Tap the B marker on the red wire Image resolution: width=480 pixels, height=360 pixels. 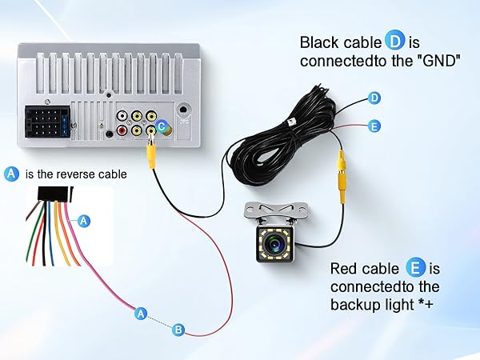(x=179, y=329)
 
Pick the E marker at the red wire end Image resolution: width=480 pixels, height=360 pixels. (x=374, y=126)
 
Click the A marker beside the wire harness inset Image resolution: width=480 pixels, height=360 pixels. (x=85, y=219)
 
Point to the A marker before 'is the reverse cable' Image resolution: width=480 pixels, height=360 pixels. (x=11, y=174)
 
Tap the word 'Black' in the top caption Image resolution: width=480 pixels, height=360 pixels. (x=318, y=42)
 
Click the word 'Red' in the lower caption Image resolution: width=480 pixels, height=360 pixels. (x=344, y=269)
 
